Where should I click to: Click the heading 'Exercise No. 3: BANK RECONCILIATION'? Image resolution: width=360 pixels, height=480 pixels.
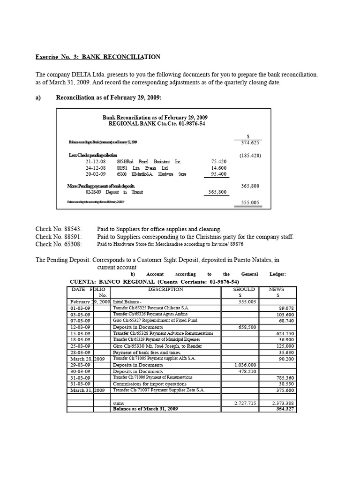pyautogui.click(x=98, y=57)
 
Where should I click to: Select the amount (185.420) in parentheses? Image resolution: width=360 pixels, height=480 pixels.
pyautogui.click(x=250, y=155)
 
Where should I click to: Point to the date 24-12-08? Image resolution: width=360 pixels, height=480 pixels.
pyautogui.click(x=95, y=168)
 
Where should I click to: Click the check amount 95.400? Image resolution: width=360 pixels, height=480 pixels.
pyautogui.click(x=218, y=174)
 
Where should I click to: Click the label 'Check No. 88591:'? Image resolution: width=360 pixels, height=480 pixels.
pyautogui.click(x=59, y=237)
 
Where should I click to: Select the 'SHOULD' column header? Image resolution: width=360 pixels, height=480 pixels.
pyautogui.click(x=244, y=290)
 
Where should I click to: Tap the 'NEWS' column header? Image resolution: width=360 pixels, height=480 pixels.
pyautogui.click(x=277, y=290)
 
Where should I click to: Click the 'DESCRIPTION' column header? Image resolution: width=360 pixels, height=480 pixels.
pyautogui.click(x=166, y=290)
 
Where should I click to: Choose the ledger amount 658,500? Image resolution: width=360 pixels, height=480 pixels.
pyautogui.click(x=244, y=327)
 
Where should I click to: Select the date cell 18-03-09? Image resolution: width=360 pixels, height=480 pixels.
pyautogui.click(x=80, y=340)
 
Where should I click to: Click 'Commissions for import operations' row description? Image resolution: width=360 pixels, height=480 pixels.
pyautogui.click(x=153, y=384)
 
